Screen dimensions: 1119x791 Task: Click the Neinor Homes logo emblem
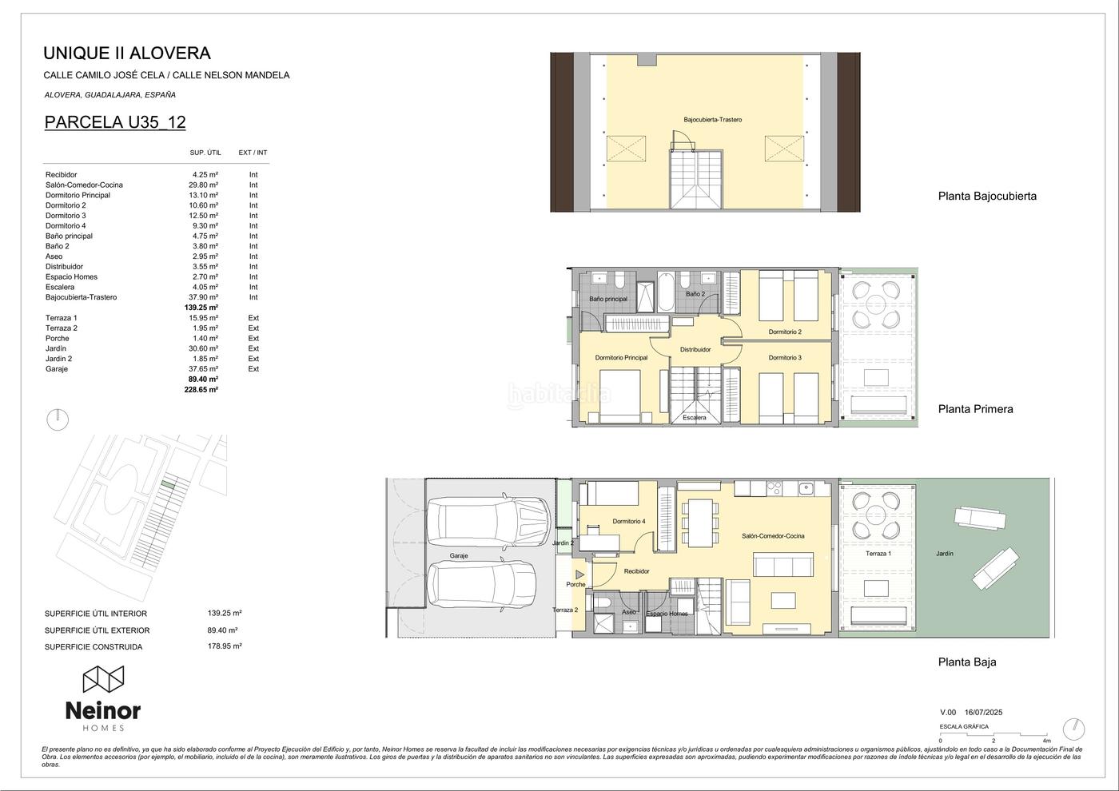click(103, 679)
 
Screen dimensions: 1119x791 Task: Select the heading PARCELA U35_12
click(115, 122)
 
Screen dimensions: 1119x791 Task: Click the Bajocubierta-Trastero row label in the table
click(81, 297)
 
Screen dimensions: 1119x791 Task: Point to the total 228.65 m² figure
click(201, 390)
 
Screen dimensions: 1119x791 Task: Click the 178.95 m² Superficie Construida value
click(225, 646)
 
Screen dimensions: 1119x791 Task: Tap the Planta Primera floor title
click(976, 409)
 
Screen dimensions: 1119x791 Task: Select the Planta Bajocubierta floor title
click(987, 197)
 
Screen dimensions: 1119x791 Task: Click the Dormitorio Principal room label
click(622, 358)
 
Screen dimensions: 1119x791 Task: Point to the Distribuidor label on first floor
click(695, 350)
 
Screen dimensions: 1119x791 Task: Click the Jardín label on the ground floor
click(945, 553)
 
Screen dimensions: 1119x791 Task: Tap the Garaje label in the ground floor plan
click(459, 555)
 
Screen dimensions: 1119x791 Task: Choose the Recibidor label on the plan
click(636, 570)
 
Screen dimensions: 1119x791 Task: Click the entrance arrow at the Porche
click(579, 574)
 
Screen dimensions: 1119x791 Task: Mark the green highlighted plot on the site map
click(169, 485)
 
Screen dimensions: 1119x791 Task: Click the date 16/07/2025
click(984, 713)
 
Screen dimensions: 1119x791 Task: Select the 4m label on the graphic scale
click(1046, 741)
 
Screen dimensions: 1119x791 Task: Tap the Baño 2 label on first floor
click(695, 294)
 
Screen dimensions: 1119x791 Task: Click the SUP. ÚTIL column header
click(205, 153)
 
